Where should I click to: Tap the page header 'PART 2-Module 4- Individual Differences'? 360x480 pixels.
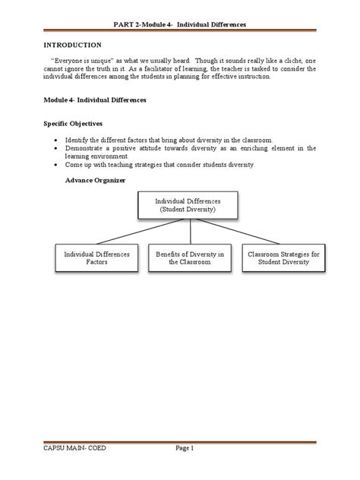(x=179, y=25)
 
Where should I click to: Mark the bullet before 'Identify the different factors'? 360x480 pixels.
(x=56, y=141)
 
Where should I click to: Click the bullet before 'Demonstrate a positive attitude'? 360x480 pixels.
(x=56, y=149)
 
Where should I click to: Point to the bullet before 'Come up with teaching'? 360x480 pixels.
(x=56, y=165)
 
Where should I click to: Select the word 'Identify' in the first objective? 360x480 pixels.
(x=81, y=141)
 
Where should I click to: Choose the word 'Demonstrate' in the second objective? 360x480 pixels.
(x=89, y=149)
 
